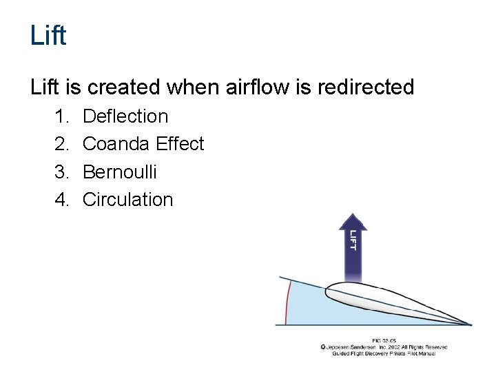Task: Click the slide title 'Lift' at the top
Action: [x=48, y=35]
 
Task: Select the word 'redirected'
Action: [x=368, y=87]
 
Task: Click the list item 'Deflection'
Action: [x=125, y=116]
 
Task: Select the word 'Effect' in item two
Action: [x=180, y=144]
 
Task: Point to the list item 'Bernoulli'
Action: [x=119, y=172]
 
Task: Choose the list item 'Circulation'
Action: [x=127, y=200]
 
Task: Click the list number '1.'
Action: [x=63, y=116]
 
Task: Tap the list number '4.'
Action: [x=63, y=200]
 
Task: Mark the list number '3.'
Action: [x=63, y=172]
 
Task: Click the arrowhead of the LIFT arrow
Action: [x=353, y=222]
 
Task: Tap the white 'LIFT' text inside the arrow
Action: [x=353, y=240]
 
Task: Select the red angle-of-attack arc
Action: [x=289, y=302]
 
